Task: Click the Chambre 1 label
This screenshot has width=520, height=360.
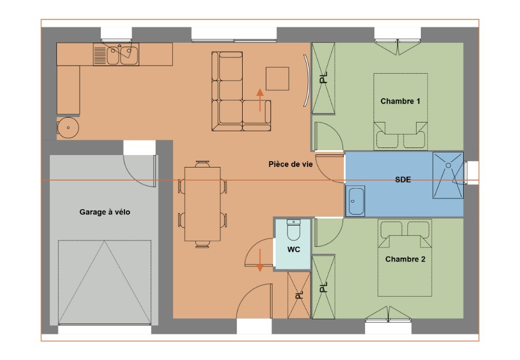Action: (400, 101)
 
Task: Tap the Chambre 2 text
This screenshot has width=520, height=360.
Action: (405, 259)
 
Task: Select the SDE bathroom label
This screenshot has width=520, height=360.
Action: (402, 180)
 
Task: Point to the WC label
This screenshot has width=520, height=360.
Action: (293, 249)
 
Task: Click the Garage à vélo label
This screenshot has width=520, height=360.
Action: (105, 213)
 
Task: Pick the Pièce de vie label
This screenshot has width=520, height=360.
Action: (290, 164)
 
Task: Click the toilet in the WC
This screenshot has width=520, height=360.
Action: (293, 230)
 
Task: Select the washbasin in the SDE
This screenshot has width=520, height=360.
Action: (356, 201)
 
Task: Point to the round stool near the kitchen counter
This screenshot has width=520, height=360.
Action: (68, 128)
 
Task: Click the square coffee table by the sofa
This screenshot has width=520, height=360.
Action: (277, 79)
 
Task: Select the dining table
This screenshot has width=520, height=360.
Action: (203, 204)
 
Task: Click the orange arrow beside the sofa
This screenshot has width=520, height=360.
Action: (260, 100)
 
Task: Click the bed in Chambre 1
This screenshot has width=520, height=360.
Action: (400, 112)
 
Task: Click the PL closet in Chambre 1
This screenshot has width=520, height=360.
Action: (323, 78)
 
